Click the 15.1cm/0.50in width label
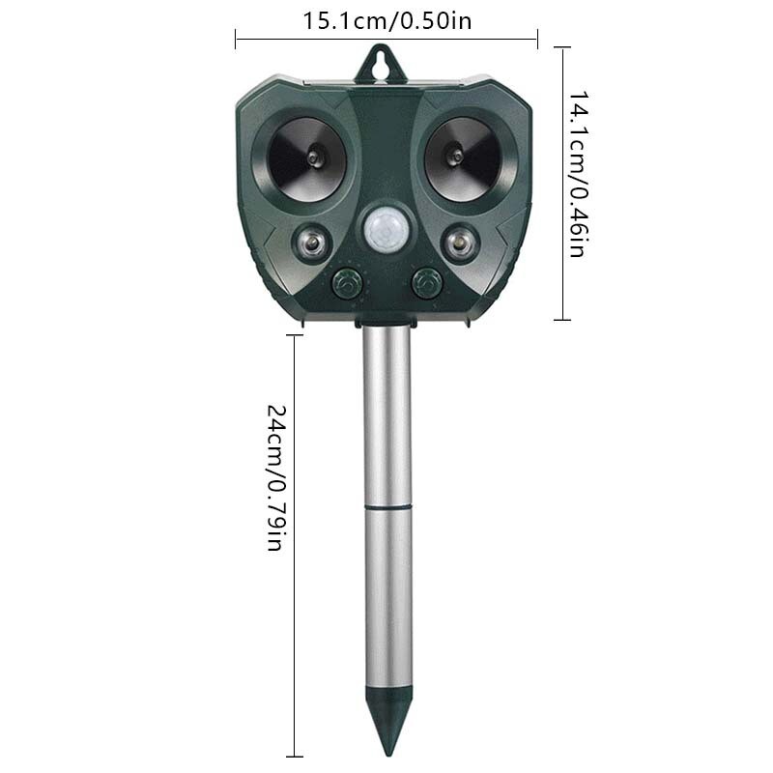(x=387, y=20)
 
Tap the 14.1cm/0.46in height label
(x=577, y=174)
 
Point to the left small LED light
(x=312, y=241)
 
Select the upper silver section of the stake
(x=386, y=415)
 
